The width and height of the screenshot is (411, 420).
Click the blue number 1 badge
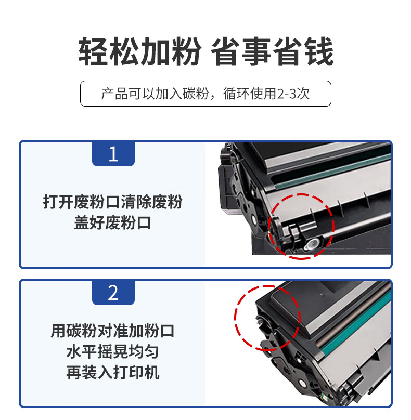113,153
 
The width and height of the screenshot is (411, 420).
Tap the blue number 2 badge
113,292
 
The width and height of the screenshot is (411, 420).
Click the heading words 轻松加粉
139,51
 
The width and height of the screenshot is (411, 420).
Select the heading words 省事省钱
272,51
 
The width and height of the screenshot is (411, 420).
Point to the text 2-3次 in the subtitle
293,94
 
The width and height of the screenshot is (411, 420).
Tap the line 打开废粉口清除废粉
113,202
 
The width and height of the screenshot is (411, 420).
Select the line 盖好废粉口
113,222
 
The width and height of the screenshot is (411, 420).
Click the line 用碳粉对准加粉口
113,331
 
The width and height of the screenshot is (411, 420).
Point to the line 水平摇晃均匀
113,352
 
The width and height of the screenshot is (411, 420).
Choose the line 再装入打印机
113,373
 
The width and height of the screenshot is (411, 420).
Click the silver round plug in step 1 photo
312,244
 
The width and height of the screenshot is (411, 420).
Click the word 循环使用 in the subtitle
250,94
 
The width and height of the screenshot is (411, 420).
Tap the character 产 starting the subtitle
108,94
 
